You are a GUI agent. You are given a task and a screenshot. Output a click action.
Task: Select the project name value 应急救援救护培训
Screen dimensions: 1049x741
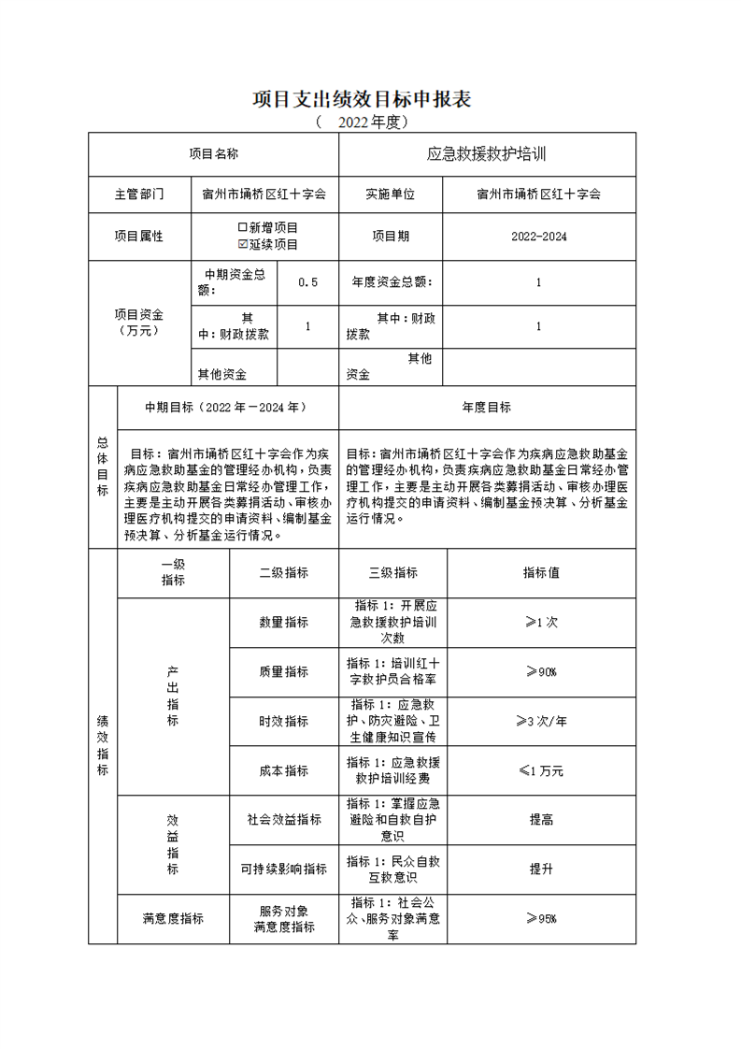coord(487,154)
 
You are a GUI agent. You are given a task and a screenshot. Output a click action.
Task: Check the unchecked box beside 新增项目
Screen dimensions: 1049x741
coord(243,227)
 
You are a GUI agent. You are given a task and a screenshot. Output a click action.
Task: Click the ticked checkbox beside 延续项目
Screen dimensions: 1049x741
coord(243,244)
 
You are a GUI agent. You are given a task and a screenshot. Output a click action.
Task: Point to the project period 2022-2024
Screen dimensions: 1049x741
coord(538,237)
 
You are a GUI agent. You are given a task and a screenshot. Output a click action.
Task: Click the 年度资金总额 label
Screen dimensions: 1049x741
coord(391,282)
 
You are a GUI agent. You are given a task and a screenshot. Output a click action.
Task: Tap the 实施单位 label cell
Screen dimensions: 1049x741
coord(390,194)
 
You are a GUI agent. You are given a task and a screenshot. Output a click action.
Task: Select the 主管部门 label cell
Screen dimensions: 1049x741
coord(139,194)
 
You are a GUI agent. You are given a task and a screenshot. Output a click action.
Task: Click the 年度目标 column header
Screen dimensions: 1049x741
coord(487,408)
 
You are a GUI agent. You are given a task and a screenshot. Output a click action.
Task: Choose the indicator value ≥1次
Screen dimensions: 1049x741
coord(541,622)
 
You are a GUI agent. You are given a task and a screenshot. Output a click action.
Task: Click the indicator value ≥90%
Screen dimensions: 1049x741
coord(541,671)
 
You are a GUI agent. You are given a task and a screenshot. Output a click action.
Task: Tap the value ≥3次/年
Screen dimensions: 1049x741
coord(541,721)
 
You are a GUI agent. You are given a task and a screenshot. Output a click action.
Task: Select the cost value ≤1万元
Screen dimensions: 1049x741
coord(541,770)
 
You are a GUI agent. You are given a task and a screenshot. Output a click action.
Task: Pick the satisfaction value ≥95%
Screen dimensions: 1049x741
coord(541,918)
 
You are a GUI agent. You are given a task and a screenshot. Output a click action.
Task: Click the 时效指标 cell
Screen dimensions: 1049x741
coord(284,721)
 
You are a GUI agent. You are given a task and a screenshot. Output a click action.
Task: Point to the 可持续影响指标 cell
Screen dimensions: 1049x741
coord(284,869)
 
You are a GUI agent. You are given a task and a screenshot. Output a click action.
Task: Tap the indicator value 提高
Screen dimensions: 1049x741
coord(541,819)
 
